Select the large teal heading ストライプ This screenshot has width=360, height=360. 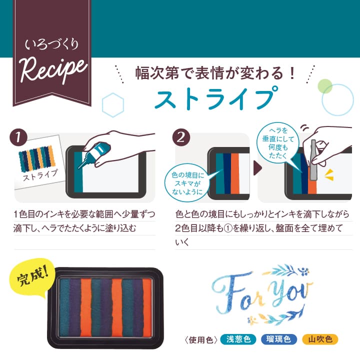(x=215, y=98)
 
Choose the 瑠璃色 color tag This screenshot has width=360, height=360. (x=279, y=339)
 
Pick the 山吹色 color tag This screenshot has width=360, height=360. (x=320, y=339)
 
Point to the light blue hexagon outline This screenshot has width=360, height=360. (x=112, y=103)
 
